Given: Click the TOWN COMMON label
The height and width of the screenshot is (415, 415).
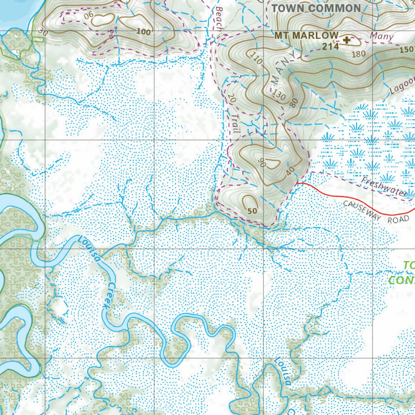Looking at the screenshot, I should click(x=316, y=9).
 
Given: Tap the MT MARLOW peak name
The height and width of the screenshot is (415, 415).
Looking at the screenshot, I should click(x=306, y=36).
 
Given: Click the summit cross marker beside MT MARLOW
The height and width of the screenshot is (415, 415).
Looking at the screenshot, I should click(x=347, y=40).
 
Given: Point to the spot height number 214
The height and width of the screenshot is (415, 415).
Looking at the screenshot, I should click(x=331, y=47).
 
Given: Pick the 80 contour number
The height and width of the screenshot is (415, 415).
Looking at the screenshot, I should click(x=294, y=103).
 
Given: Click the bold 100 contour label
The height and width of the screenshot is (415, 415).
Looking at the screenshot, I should click(x=143, y=32).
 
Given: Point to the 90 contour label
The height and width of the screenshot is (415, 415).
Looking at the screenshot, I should click(x=262, y=163).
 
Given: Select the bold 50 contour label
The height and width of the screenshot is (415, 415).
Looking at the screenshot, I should click(x=252, y=211).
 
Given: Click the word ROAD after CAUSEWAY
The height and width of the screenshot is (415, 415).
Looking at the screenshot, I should click(x=398, y=220).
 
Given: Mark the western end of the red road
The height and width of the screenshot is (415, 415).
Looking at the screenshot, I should click(x=297, y=183).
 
